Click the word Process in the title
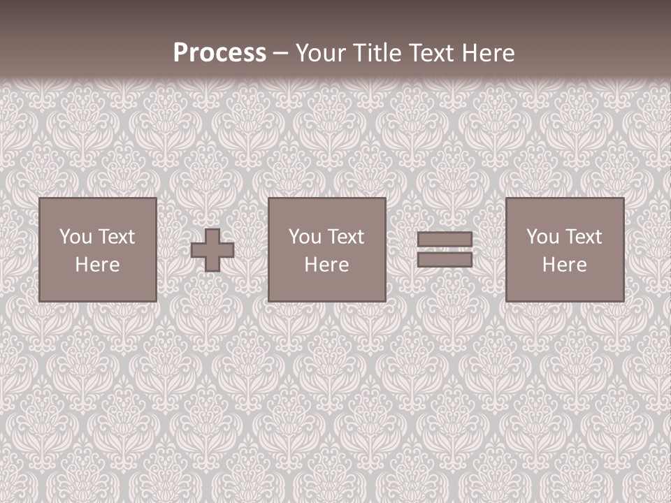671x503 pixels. (x=219, y=53)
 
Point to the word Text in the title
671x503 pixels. (x=429, y=53)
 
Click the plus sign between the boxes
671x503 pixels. (x=212, y=250)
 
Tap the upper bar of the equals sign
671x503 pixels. (x=445, y=239)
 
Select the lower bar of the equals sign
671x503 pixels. (x=445, y=259)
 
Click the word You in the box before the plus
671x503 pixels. (x=75, y=237)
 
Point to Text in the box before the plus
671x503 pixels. (x=116, y=237)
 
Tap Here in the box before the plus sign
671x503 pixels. (x=98, y=265)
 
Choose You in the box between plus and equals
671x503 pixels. (x=305, y=237)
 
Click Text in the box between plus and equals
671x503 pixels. (x=345, y=237)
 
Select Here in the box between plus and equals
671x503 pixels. (x=327, y=265)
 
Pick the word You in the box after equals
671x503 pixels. (x=542, y=237)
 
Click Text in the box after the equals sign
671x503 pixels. (x=583, y=237)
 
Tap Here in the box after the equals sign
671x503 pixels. (x=565, y=265)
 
